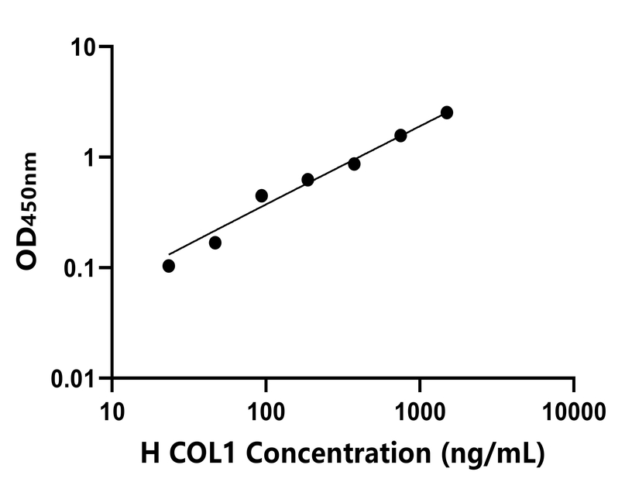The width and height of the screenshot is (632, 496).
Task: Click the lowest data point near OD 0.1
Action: pos(169,266)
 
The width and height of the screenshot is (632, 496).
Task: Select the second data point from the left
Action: pos(215,243)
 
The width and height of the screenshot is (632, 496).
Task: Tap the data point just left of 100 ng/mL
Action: pos(262,195)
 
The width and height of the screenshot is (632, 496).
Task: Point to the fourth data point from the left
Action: pos(307,180)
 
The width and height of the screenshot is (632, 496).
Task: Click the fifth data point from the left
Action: pos(354,164)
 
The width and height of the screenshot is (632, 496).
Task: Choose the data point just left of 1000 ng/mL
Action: pos(400,135)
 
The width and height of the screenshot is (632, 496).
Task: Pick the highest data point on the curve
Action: pos(447,112)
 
